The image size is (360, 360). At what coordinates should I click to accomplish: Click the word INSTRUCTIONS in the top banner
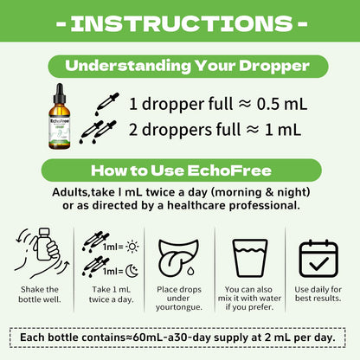coord(182,23)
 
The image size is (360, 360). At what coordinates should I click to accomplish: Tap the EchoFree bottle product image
coord(59,116)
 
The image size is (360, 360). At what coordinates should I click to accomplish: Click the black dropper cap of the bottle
coord(60,93)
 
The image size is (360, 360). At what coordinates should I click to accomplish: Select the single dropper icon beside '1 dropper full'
coord(106,104)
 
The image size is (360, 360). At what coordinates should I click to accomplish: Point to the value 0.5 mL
coord(282,104)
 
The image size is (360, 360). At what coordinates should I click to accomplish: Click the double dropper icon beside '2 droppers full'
coord(98,132)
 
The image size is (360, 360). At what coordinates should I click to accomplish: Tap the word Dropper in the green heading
coord(274,67)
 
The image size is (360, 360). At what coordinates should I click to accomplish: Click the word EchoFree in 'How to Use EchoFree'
coord(229,170)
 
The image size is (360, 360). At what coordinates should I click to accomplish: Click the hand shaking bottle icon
coord(42,254)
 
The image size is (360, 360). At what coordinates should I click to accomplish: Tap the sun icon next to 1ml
coord(132,247)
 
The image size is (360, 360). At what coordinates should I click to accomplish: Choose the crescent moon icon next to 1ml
coord(132,271)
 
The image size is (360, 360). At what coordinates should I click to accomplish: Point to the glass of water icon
coord(250,258)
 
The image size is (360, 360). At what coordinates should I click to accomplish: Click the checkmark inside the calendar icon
coord(318,263)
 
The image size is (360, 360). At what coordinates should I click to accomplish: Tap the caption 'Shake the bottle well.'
coord(40,294)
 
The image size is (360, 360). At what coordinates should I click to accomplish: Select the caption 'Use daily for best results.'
coord(318,293)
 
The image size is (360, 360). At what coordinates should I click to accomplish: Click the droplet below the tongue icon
coord(190,271)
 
